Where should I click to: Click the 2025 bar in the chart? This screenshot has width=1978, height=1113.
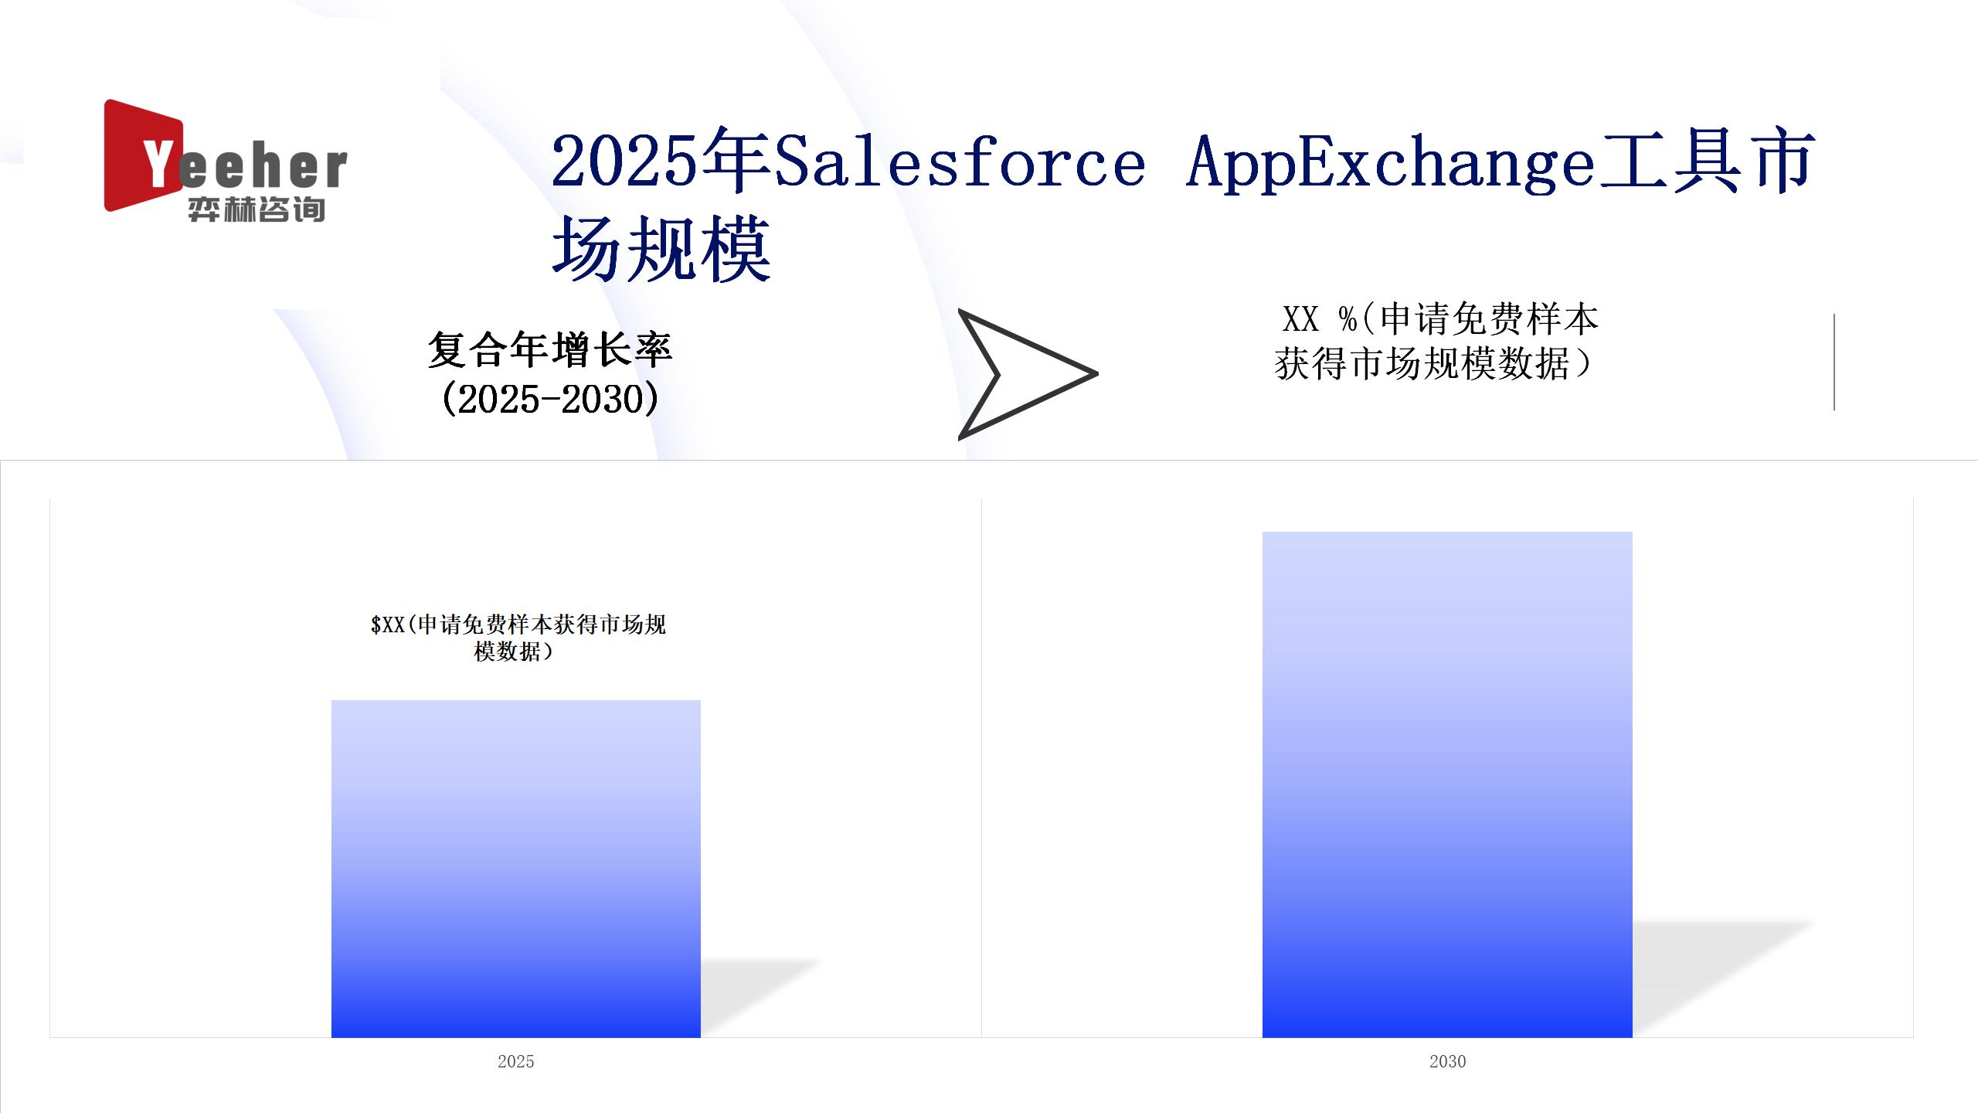click(x=516, y=869)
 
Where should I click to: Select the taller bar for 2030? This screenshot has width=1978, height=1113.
click(x=1447, y=785)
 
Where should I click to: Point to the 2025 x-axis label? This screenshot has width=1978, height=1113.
click(x=516, y=1061)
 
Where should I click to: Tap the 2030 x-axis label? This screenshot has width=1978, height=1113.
click(x=1447, y=1061)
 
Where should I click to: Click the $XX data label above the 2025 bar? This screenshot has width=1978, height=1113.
click(x=518, y=638)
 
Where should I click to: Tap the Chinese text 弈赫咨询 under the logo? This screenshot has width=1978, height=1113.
click(x=256, y=209)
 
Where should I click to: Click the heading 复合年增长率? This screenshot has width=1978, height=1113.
click(x=550, y=349)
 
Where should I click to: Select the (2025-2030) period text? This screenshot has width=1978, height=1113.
click(x=550, y=399)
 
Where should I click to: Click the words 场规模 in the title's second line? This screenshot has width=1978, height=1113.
click(x=661, y=247)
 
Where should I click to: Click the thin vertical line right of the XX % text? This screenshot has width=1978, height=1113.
click(x=1834, y=362)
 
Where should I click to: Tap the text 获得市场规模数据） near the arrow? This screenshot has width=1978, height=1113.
click(x=1433, y=363)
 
